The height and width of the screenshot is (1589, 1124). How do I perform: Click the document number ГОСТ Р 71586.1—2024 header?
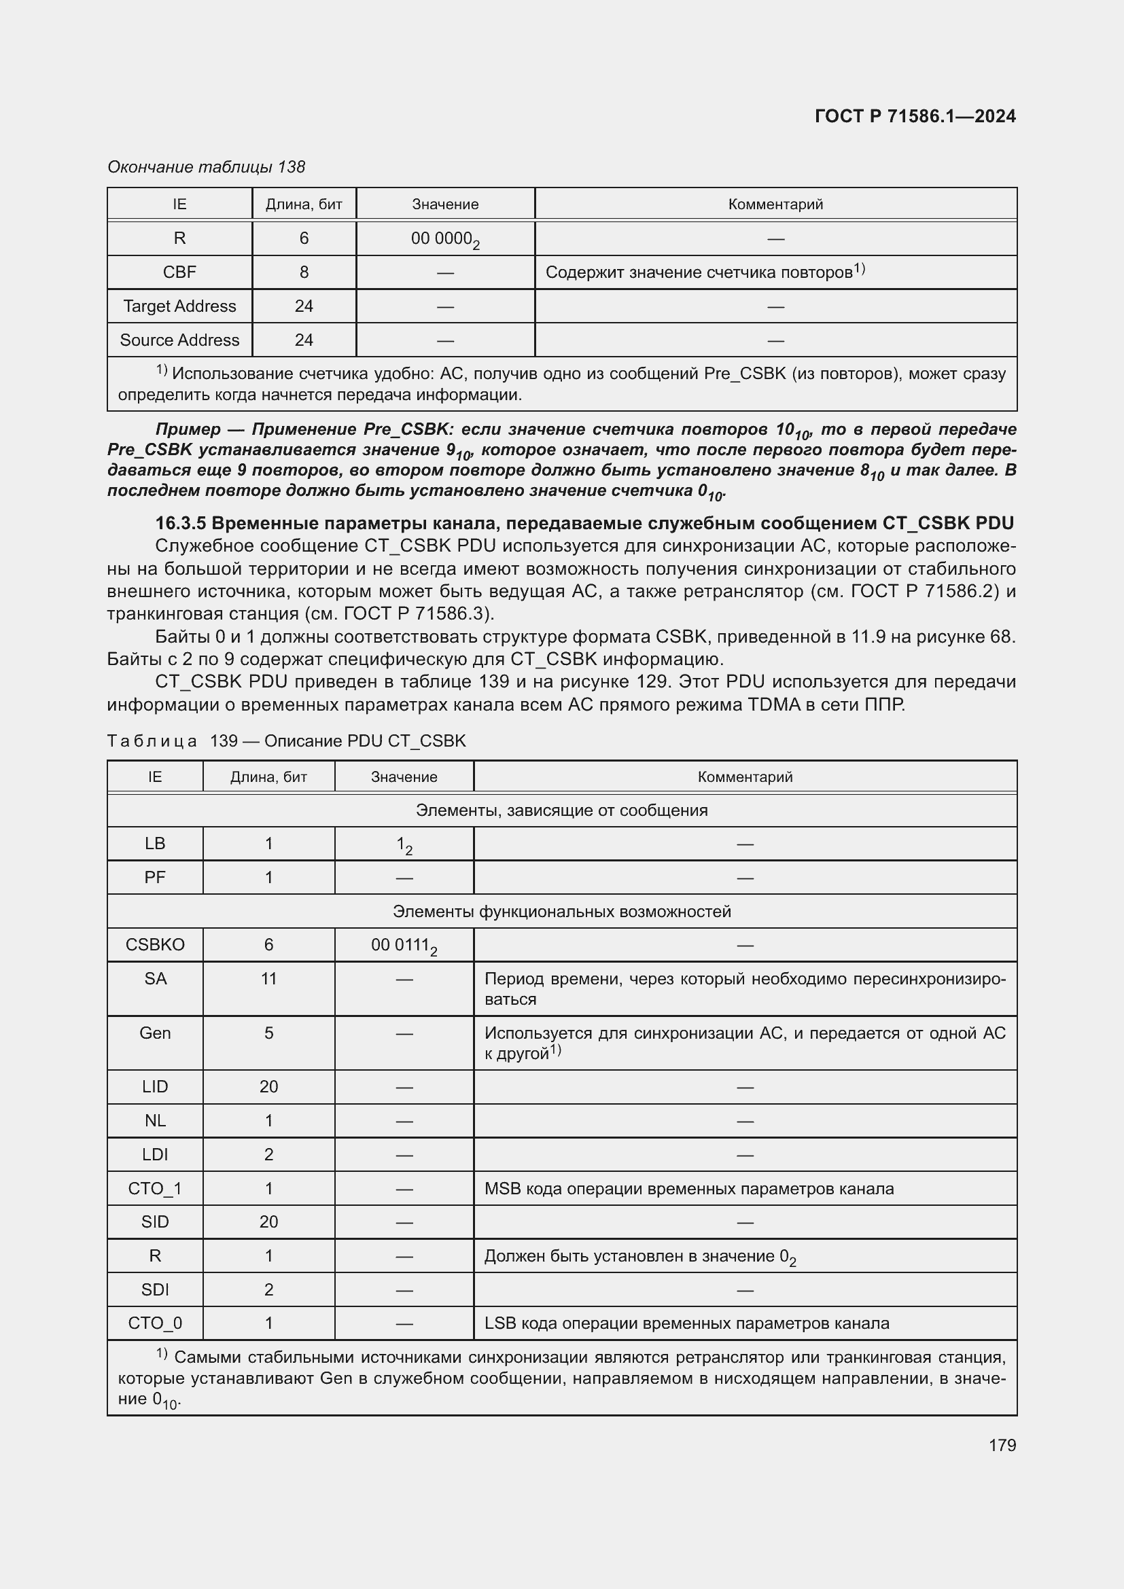[x=914, y=116]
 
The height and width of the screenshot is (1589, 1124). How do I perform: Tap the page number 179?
[x=1002, y=1445]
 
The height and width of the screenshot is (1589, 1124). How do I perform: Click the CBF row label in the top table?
[x=179, y=272]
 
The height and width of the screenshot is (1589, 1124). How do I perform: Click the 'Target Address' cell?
[x=179, y=306]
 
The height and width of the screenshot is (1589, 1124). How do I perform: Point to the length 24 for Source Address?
[x=303, y=340]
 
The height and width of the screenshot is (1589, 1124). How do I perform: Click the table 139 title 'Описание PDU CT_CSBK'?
[x=365, y=741]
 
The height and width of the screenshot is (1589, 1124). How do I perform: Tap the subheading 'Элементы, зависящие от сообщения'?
[x=561, y=810]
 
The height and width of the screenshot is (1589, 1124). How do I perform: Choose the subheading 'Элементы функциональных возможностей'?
[x=561, y=911]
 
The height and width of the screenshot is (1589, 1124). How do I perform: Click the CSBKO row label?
[x=155, y=945]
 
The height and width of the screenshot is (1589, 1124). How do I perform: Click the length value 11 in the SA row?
[x=268, y=978]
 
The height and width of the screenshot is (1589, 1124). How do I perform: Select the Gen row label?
[x=155, y=1033]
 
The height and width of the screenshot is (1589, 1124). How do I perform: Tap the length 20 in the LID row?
[x=268, y=1086]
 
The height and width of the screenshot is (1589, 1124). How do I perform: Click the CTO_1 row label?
[x=155, y=1188]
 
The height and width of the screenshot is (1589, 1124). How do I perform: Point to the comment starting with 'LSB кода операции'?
[x=686, y=1323]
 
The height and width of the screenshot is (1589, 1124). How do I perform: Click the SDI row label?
[x=155, y=1289]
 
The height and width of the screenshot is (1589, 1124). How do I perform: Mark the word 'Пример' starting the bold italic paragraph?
[x=187, y=429]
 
